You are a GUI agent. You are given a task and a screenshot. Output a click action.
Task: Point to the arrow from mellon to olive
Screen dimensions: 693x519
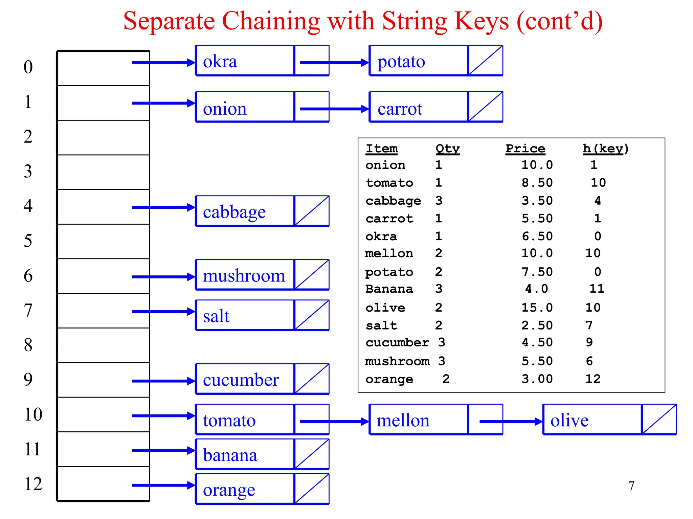pyautogui.click(x=511, y=422)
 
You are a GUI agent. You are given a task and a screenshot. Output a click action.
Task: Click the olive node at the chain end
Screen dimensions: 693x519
pyautogui.click(x=592, y=420)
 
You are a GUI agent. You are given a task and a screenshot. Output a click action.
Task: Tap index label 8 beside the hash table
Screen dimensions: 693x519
pyautogui.click(x=28, y=345)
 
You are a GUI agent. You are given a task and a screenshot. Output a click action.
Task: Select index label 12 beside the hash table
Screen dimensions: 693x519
pyautogui.click(x=33, y=484)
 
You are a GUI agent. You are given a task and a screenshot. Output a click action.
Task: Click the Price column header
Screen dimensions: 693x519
pyautogui.click(x=525, y=149)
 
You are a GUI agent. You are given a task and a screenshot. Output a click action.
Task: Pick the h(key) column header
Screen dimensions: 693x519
pyautogui.click(x=605, y=149)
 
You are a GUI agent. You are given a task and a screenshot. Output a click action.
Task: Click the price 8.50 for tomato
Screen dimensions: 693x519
pyautogui.click(x=537, y=183)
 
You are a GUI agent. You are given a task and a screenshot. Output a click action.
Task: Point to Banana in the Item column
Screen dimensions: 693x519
pyautogui.click(x=389, y=289)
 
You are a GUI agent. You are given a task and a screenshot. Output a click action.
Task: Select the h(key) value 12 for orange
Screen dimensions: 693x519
pyautogui.click(x=593, y=379)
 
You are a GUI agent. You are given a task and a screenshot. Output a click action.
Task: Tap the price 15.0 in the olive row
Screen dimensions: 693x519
pyautogui.click(x=537, y=308)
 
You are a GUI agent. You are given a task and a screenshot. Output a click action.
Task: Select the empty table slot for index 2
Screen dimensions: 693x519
pyautogui.click(x=104, y=137)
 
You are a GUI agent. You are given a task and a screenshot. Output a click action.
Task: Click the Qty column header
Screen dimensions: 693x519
pyautogui.click(x=447, y=149)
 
